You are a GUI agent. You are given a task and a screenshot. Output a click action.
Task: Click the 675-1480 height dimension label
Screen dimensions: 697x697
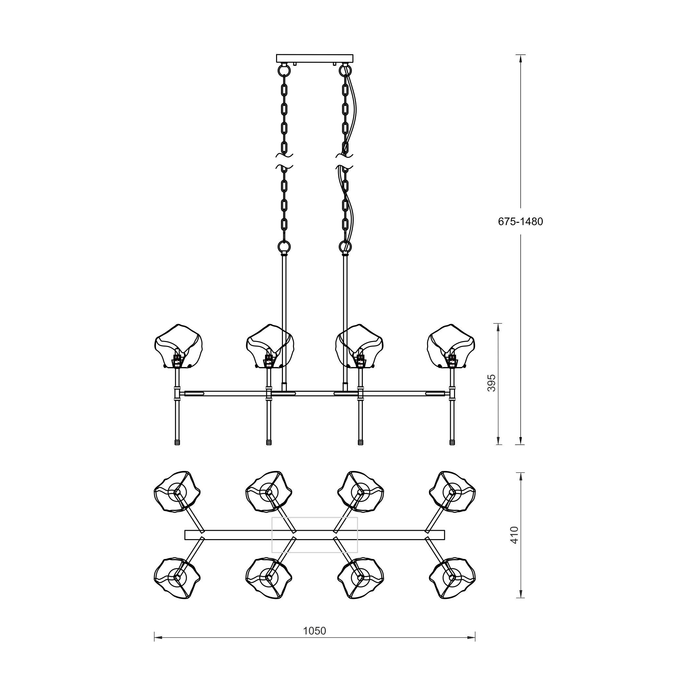[520, 222]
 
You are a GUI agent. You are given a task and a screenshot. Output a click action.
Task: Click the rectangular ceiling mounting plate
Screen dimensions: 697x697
[315, 58]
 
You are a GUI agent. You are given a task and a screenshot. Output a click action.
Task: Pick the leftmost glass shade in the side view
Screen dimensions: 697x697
[178, 346]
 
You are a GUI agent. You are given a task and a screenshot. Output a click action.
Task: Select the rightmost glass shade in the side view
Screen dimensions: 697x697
[451, 346]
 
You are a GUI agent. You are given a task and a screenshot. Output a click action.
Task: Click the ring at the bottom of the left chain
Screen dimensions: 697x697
[284, 247]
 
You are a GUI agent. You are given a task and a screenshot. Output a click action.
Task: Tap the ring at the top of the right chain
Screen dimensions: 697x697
[345, 70]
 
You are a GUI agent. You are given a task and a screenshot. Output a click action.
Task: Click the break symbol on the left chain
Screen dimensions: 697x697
[284, 161]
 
